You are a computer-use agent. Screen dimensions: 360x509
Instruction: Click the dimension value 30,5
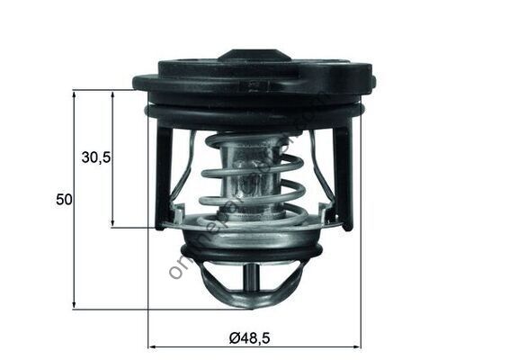(95, 157)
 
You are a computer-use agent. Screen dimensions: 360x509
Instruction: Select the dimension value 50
(63, 200)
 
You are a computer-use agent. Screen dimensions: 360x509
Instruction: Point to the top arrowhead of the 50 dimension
(74, 94)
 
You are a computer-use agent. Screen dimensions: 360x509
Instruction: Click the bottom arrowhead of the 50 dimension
(74, 305)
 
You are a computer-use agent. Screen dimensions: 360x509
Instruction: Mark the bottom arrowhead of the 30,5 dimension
(112, 222)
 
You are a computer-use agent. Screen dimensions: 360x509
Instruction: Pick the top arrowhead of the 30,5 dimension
(112, 94)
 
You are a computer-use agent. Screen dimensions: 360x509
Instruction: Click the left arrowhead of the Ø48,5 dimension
(152, 346)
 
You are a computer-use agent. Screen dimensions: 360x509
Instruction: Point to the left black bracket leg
(163, 175)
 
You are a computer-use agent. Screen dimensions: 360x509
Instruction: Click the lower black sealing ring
(252, 253)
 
